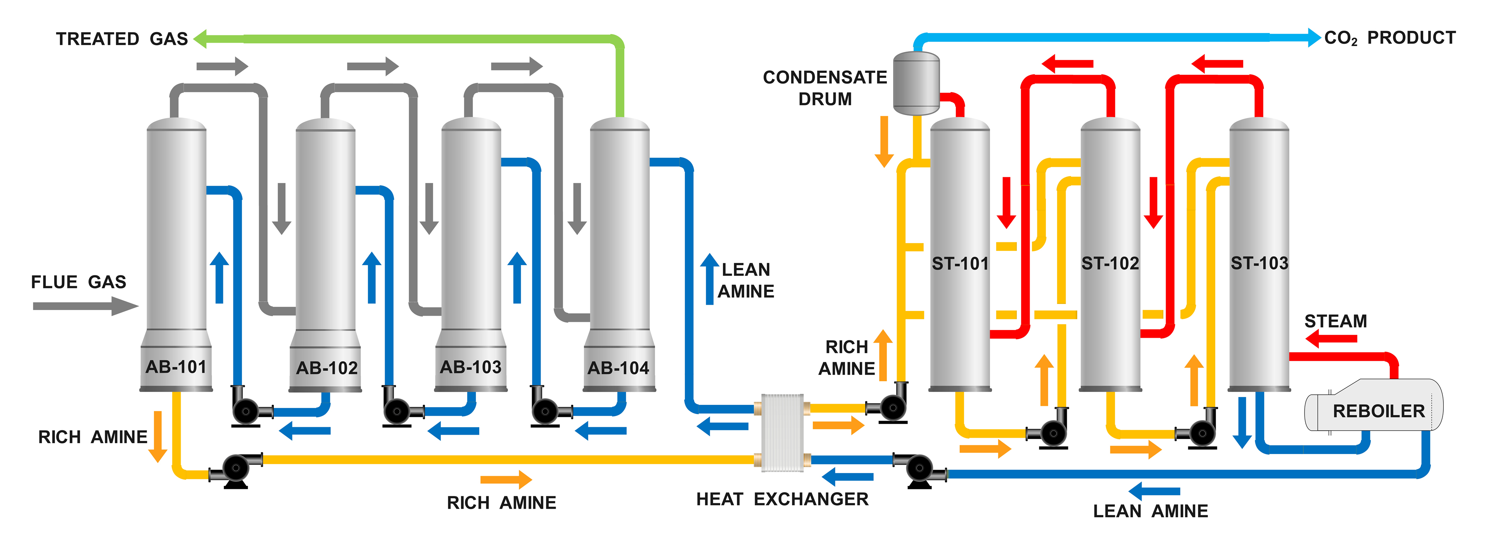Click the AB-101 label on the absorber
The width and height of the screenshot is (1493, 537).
coord(176,367)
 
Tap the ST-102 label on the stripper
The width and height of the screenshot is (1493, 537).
coord(1110,264)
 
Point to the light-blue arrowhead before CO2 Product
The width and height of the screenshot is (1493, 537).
coord(1313,37)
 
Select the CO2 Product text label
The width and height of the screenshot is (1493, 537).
coord(1390,38)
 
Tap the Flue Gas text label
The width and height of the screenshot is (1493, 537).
coord(78,282)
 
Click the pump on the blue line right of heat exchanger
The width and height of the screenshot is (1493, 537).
coord(919,468)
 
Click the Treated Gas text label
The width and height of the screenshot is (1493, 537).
coord(122,39)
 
